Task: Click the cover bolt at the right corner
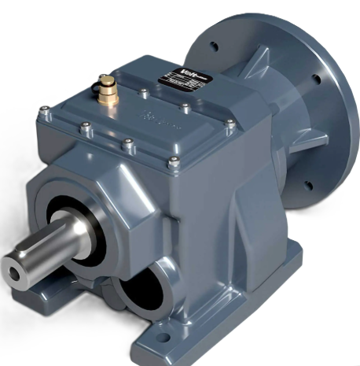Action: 230,124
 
